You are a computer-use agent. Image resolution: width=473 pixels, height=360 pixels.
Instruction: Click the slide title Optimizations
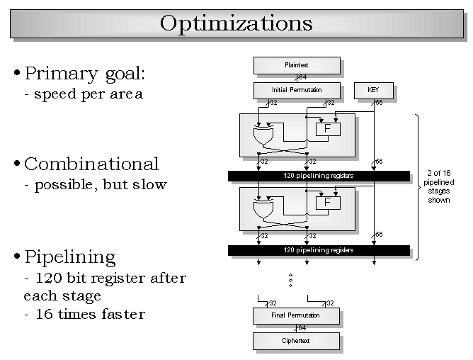[236, 23]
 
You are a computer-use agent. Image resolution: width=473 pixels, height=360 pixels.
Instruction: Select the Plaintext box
[297, 65]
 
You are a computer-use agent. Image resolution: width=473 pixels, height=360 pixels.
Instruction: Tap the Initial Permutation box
[297, 90]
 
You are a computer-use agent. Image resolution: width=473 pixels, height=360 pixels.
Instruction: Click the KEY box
[373, 90]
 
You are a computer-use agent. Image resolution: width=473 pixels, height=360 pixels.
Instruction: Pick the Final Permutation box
[296, 315]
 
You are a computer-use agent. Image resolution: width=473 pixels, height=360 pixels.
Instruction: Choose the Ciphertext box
[296, 341]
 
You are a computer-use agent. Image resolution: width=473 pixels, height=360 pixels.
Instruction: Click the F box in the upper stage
[328, 129]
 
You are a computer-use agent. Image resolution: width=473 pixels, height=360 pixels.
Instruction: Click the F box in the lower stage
[328, 203]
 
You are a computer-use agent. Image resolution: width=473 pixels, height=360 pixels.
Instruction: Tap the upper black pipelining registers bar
[319, 176]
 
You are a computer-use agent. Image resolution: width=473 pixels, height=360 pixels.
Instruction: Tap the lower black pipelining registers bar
[319, 250]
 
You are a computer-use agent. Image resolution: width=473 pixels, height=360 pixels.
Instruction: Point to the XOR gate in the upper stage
[263, 135]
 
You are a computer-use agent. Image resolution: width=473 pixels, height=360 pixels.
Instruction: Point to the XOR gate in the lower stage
[263, 209]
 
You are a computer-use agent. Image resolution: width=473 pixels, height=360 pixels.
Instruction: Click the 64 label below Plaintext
[302, 77]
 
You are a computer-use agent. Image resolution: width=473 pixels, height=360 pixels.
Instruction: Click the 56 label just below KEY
[379, 103]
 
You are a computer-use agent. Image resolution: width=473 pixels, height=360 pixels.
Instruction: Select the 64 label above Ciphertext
[302, 328]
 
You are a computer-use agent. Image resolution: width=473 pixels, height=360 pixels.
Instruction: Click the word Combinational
[91, 164]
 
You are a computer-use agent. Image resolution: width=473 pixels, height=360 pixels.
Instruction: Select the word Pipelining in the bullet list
[70, 257]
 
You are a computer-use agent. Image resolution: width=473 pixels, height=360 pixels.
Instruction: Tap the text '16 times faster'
[90, 314]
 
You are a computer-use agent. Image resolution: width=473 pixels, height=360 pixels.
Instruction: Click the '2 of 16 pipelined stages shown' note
[439, 186]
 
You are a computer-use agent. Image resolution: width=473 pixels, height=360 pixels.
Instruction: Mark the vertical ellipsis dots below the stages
[290, 280]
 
